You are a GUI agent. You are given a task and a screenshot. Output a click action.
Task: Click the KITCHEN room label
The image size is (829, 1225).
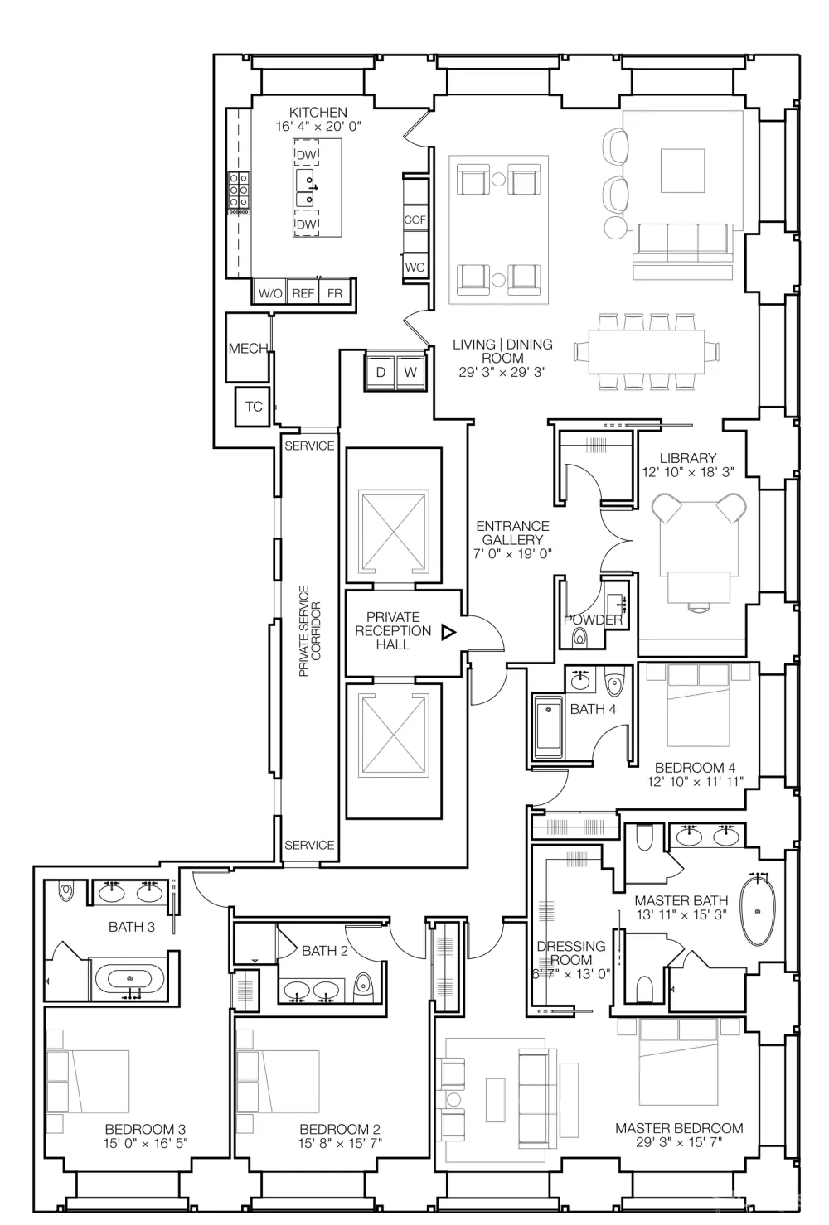coord(318,112)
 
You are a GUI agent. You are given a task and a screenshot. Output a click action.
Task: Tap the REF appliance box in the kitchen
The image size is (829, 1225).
coord(303,293)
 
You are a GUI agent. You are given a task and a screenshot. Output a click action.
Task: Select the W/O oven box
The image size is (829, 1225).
coord(270,293)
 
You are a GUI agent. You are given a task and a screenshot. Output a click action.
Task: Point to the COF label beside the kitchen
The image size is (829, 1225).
coord(414,219)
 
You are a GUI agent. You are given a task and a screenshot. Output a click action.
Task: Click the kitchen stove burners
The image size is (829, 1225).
coord(239,193)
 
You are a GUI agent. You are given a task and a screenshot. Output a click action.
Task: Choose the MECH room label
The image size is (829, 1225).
coord(248,349)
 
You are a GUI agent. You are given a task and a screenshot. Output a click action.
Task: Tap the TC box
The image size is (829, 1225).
coord(254,407)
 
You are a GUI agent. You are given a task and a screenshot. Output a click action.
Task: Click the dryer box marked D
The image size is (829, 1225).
coord(381,372)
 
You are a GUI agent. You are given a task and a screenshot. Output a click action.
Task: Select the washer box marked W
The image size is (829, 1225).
coord(410,372)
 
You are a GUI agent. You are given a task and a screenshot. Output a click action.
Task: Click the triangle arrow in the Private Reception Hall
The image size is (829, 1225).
coord(448,633)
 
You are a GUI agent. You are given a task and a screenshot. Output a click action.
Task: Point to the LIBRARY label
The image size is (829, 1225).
coord(688,458)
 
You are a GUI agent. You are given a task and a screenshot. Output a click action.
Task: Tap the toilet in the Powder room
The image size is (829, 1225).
coord(579,637)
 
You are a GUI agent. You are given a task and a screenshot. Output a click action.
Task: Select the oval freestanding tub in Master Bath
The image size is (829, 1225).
coord(758,912)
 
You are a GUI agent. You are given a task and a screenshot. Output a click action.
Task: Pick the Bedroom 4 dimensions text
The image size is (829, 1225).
coord(695,781)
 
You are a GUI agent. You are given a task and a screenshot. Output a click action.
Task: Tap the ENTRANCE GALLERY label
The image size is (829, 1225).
coord(512,533)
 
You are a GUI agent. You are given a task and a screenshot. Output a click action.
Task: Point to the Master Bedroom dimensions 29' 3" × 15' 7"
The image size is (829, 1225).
coord(679,1142)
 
